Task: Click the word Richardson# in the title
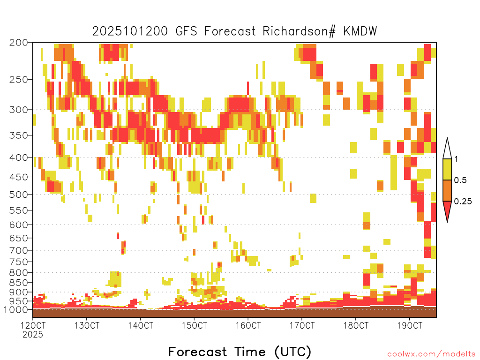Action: pyautogui.click(x=299, y=31)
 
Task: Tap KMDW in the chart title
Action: pyautogui.click(x=360, y=31)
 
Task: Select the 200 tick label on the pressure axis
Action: pyautogui.click(x=19, y=43)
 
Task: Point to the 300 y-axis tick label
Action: pyautogui.click(x=19, y=110)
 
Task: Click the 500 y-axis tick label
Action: pyautogui.click(x=19, y=195)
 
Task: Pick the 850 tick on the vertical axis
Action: pyautogui.click(x=19, y=282)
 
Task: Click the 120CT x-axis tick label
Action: pyautogui.click(x=33, y=325)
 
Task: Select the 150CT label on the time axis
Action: pyautogui.click(x=194, y=325)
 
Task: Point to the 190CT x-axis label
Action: pyautogui.click(x=409, y=325)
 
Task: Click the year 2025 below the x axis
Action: pyautogui.click(x=33, y=335)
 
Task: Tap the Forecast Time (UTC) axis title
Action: pyautogui.click(x=240, y=352)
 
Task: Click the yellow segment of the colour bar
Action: pyautogui.click(x=447, y=169)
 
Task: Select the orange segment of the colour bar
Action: pyautogui.click(x=447, y=190)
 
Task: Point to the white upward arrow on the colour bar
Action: pyautogui.click(x=447, y=149)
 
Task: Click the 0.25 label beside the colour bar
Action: pyautogui.click(x=463, y=201)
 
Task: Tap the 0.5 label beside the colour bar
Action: pyautogui.click(x=460, y=180)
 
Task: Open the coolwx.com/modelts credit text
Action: pyautogui.click(x=432, y=354)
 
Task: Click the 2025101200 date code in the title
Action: pyautogui.click(x=130, y=31)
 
